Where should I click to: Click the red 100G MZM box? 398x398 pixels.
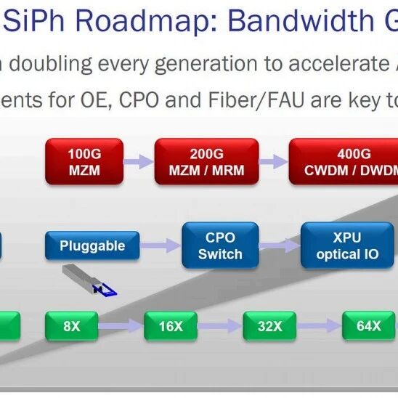tap(84, 161)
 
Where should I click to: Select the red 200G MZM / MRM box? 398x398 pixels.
tap(206, 161)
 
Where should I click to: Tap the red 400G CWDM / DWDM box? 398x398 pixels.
tap(344, 161)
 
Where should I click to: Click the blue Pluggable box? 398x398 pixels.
tap(92, 245)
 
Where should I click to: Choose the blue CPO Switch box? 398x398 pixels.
tap(220, 245)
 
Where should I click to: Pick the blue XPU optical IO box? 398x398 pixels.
tap(347, 245)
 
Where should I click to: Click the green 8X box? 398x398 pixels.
tap(72, 326)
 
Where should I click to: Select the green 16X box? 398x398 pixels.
tap(171, 326)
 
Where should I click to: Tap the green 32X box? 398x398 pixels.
tap(269, 326)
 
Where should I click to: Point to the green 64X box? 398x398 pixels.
tap(368, 325)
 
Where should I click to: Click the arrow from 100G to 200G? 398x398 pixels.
tap(139, 161)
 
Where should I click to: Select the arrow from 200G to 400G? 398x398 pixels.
tap(274, 161)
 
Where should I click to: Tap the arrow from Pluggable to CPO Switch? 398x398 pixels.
tap(161, 245)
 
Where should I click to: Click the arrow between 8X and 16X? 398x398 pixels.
tap(121, 326)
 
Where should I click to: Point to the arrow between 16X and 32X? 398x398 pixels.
tap(220, 326)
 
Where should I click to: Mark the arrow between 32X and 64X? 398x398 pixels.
tap(319, 326)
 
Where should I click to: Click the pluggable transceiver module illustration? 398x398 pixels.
tap(89, 280)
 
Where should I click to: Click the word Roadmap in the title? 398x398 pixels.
tap(147, 20)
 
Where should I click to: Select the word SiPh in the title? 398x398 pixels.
tap(33, 20)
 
